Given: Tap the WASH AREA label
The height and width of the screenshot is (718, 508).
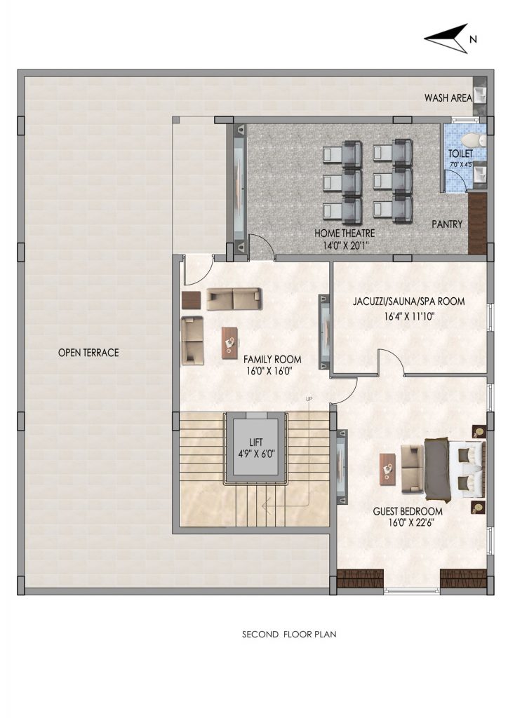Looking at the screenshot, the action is (448, 97).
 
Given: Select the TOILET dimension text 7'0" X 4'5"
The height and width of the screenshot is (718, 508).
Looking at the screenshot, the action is (460, 163).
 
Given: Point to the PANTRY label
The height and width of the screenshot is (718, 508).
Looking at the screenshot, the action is (447, 224).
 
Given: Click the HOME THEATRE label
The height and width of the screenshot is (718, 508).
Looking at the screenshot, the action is (345, 233).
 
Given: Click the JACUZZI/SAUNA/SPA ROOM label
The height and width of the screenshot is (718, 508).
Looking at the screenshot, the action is (408, 302).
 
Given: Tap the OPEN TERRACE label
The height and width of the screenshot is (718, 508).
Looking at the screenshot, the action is (88, 353).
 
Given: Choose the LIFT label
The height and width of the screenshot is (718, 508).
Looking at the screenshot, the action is (256, 442).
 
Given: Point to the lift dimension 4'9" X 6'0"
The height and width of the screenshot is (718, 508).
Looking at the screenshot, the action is (256, 454).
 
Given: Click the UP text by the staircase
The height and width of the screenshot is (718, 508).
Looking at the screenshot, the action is (309, 399).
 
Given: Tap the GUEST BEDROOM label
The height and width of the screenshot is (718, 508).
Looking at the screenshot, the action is (408, 511).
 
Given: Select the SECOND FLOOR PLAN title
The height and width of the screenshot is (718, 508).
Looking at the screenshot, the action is (289, 634).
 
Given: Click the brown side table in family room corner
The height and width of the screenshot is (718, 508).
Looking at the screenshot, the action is (192, 300).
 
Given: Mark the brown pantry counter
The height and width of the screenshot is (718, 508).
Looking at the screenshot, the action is (477, 224).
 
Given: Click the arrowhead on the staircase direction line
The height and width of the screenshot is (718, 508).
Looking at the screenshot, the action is (265, 506).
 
